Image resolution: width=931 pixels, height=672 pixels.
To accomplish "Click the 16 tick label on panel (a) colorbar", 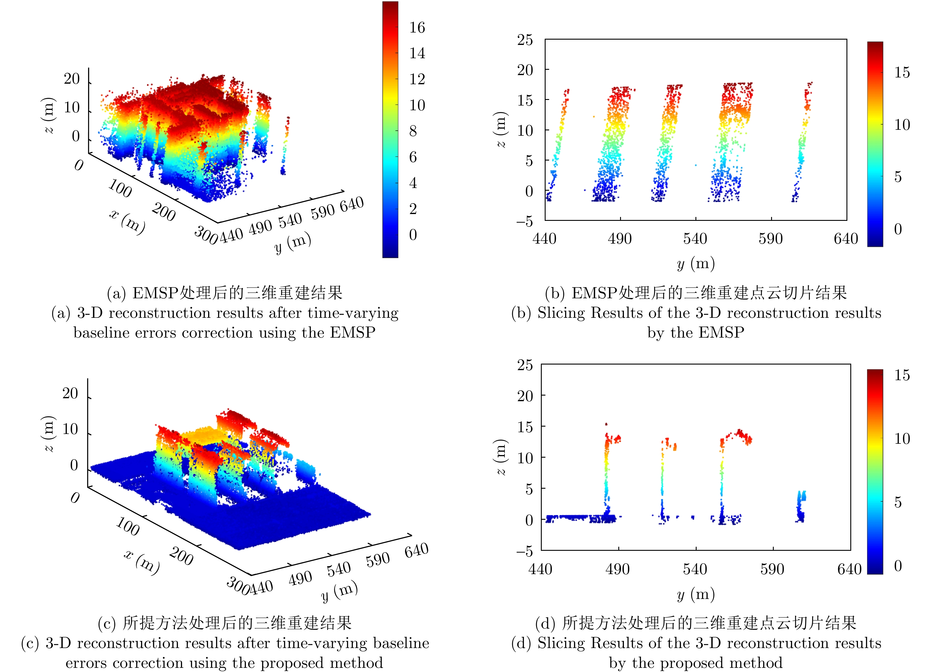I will [417, 27].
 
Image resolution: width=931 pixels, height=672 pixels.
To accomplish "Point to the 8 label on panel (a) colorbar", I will [413, 131].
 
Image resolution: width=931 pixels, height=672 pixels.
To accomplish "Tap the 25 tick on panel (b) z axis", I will [525, 40].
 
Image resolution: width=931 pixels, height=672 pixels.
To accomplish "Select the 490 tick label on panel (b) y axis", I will [619, 239].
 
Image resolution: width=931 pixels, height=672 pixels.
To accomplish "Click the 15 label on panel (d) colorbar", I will [902, 375].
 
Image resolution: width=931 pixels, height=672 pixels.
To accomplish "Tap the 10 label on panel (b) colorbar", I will [902, 125].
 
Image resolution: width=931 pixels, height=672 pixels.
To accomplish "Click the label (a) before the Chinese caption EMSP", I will [116, 293].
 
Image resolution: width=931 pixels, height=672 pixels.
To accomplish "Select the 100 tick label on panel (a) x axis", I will [120, 188].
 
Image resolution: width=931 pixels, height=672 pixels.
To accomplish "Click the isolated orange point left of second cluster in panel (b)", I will [593, 116].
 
